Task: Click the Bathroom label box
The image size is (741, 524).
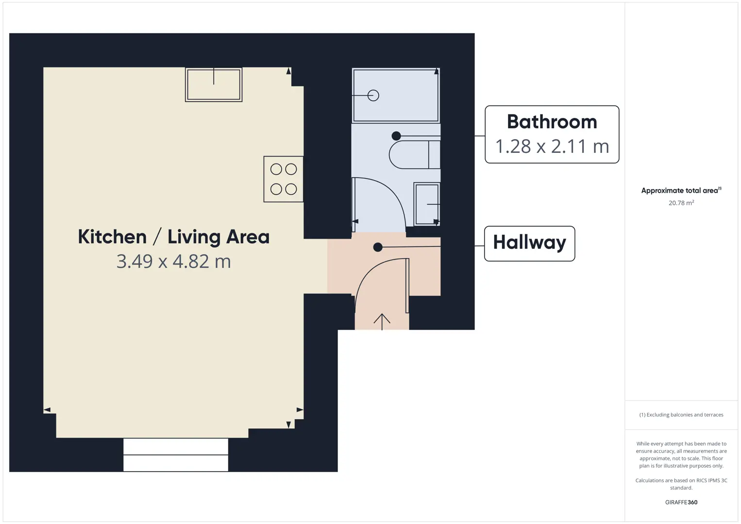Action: point(552,134)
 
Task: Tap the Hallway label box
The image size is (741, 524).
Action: point(530,244)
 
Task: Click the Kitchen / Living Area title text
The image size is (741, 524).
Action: point(174,237)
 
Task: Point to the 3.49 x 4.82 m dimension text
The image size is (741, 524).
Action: point(174,262)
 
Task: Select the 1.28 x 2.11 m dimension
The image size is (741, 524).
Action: point(552,146)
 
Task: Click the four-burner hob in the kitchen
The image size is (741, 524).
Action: point(284,179)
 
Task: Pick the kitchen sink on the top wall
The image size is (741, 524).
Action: point(214,84)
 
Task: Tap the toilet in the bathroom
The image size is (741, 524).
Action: point(415,155)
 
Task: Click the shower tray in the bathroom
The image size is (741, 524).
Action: point(396,95)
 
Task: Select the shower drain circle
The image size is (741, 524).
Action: point(373,96)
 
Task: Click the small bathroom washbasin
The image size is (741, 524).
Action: point(427,204)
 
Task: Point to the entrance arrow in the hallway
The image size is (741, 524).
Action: point(382,322)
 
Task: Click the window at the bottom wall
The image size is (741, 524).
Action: point(176,455)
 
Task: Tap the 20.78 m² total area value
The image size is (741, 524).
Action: point(681,203)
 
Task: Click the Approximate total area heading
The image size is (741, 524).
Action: point(681,190)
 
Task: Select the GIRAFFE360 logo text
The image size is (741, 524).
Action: point(681,502)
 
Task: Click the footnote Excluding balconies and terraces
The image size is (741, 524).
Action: point(681,414)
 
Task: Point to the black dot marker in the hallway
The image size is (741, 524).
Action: point(378,247)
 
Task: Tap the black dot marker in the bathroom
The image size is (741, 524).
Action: point(396,135)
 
